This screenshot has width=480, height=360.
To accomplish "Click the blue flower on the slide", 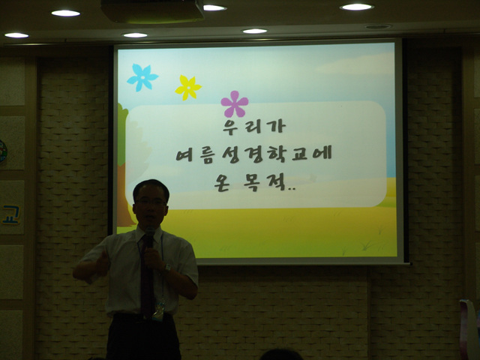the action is click(142, 77).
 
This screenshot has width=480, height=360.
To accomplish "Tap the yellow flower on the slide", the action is click(188, 88).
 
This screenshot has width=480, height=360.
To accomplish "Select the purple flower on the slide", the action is click(235, 104).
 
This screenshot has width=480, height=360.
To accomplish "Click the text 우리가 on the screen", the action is click(254, 127).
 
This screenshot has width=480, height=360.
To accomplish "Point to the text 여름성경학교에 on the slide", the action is click(254, 154).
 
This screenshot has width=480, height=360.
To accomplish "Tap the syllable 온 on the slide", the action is click(222, 183).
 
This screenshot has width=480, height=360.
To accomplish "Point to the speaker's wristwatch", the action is click(166, 268).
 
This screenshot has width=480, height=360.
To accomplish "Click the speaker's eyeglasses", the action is click(150, 202).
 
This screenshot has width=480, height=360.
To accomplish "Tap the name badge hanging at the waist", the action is click(158, 310).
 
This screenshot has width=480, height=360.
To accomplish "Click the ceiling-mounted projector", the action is click(152, 11).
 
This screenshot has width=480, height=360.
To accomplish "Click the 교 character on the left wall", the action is click(10, 215).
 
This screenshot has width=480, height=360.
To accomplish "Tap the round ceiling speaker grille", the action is click(378, 27).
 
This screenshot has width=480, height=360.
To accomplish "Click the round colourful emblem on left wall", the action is click(3, 151).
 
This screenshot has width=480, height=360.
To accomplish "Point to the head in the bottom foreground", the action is click(280, 355).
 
